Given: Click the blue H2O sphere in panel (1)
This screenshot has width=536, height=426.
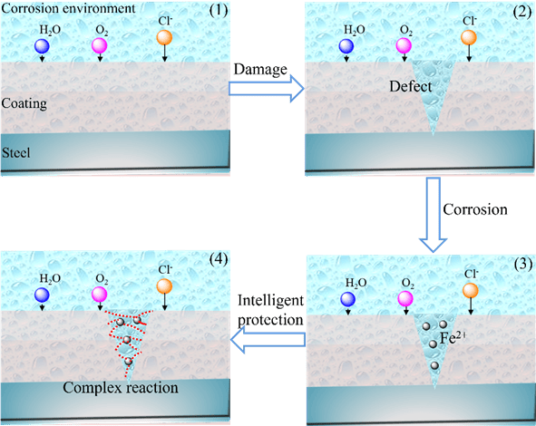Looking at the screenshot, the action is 42,46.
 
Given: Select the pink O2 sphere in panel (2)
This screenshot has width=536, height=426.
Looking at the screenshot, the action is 404,46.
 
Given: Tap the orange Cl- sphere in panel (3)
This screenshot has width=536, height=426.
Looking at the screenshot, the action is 471,290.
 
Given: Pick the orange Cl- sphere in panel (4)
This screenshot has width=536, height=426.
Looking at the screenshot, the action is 164,286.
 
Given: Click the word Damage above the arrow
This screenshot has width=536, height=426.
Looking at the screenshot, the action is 260,70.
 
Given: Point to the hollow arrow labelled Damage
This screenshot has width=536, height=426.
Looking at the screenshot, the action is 267,89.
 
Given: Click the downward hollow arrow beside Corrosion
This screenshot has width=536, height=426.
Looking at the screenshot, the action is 433,215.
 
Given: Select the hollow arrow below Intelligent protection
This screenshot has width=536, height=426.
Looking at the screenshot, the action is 268,340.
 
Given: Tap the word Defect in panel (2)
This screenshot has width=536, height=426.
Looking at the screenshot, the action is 411,86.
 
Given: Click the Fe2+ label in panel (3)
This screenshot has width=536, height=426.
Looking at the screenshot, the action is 453,338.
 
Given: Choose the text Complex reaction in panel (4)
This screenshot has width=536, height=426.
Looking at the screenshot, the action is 121,388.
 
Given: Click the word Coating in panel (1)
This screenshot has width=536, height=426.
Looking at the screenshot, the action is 24,103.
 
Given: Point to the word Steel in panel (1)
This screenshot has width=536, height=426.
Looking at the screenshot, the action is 15,152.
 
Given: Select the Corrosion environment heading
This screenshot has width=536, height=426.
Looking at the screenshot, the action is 68,8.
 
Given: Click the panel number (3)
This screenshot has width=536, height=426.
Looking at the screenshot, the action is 522,264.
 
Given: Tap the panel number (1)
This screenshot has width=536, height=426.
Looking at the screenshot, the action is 218,10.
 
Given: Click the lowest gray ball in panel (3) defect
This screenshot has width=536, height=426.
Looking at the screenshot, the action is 434,365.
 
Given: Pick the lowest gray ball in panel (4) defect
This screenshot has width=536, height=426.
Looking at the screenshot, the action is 128,361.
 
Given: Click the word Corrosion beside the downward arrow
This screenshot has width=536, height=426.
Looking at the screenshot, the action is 475,209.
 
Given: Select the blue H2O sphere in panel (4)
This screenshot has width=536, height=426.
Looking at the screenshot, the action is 42,295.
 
